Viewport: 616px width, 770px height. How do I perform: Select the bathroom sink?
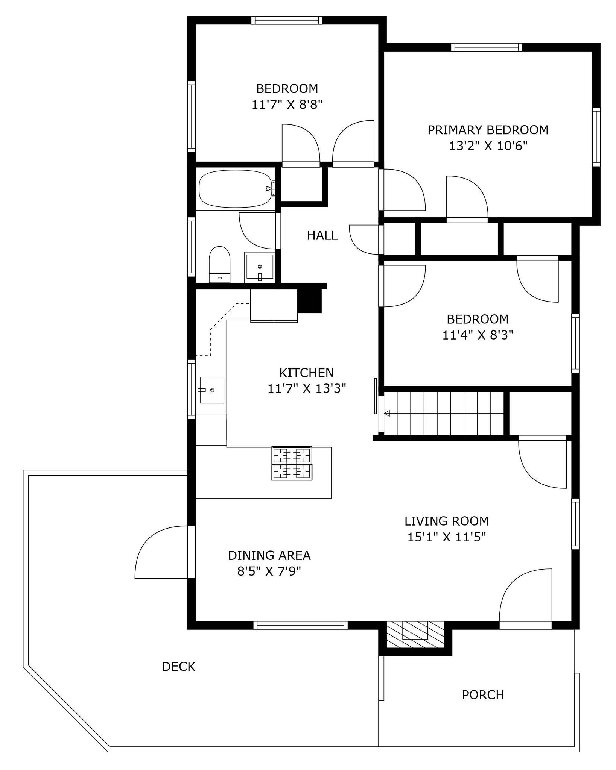click(x=259, y=267)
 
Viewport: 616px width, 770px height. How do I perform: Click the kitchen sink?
click(x=212, y=390)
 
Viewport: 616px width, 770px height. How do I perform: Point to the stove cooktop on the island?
click(x=292, y=463)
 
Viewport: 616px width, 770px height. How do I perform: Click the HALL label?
click(x=322, y=236)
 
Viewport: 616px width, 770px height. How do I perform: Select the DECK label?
click(x=179, y=667)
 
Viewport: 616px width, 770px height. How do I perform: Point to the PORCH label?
click(x=483, y=695)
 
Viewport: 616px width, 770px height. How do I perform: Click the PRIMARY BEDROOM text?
click(x=488, y=130)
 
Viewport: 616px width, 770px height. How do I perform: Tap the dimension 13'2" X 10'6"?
click(x=488, y=146)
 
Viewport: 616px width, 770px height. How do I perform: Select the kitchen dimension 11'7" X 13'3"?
click(x=307, y=388)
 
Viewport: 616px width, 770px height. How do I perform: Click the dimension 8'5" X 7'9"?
click(x=269, y=571)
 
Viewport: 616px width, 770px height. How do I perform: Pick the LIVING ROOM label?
click(x=447, y=521)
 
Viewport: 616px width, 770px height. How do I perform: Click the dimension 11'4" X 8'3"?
click(x=478, y=335)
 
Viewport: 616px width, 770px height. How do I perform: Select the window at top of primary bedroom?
click(x=487, y=47)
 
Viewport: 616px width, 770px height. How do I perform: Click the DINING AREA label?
click(x=269, y=555)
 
